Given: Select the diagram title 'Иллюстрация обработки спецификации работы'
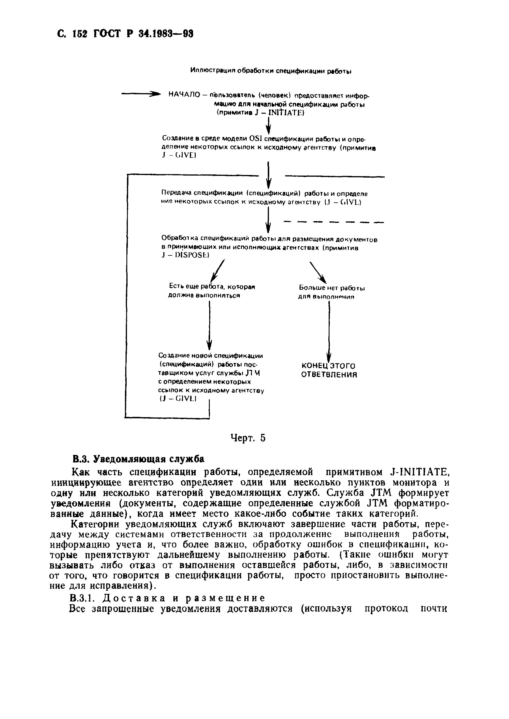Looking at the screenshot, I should coord(270,71).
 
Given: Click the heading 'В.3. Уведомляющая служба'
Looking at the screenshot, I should coord(138,459).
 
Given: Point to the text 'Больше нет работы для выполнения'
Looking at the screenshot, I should coord(331,292).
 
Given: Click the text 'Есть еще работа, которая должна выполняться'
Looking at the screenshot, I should coord(212,291).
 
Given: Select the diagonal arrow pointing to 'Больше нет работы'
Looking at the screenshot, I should coord(318,272).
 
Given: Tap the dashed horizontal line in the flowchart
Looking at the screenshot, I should coord(334,222).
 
